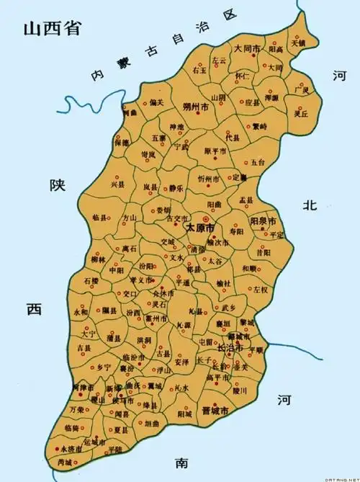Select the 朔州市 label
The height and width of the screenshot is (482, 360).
click(196, 106)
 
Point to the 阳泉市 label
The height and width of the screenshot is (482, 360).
click(264, 220)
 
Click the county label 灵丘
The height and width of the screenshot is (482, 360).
click(301, 114)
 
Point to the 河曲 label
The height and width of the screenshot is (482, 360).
click(130, 114)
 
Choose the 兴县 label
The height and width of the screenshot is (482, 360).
click(117, 185)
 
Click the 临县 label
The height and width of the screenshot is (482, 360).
click(101, 217)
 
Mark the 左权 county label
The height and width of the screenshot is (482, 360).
click(260, 289)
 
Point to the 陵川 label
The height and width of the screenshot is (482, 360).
click(240, 391)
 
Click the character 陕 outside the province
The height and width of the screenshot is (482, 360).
click(57, 185)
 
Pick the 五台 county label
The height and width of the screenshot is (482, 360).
click(258, 163)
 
